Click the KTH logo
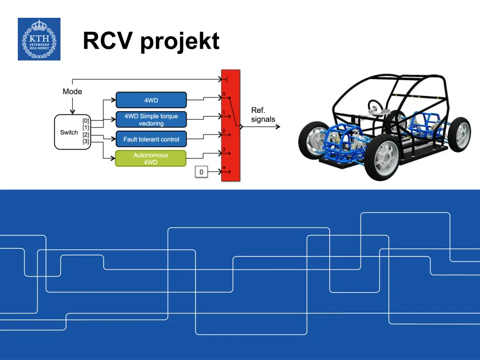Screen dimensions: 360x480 tap(39, 39)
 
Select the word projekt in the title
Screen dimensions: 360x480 tap(180, 42)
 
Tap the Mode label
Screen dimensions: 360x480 tap(72, 91)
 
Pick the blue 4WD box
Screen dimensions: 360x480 tap(151, 100)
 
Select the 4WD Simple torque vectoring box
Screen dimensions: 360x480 tap(151, 120)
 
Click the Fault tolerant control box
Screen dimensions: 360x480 tap(151, 139)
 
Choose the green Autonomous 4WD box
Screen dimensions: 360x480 tap(151, 158)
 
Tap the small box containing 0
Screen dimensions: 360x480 tap(201, 172)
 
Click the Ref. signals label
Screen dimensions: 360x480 tap(262, 115)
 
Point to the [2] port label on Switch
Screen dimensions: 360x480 tap(86, 135)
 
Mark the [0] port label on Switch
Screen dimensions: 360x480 tap(86, 120)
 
